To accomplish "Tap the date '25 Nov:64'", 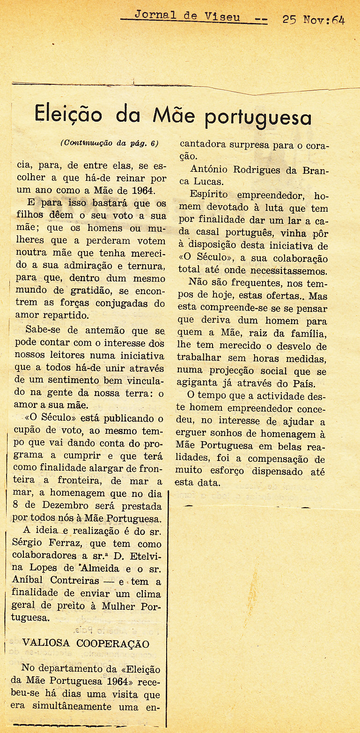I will [x=313, y=20].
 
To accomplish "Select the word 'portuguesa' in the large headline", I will [x=258, y=117].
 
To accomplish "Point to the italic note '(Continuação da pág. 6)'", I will [x=109, y=144].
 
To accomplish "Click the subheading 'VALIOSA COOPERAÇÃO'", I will [x=86, y=643].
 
